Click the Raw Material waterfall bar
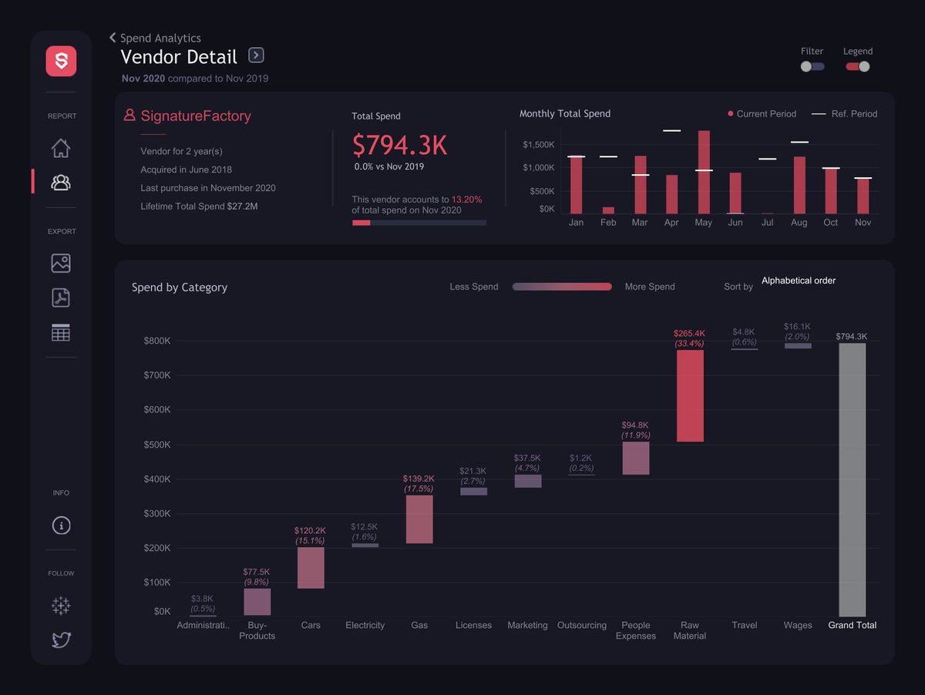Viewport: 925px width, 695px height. tap(690, 395)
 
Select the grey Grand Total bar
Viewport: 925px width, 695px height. tap(852, 479)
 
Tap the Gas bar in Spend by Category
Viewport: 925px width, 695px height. tap(419, 519)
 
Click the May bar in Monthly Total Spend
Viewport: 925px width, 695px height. tap(703, 172)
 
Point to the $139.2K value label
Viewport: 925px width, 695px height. tap(419, 478)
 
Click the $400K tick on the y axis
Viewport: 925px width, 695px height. tap(157, 479)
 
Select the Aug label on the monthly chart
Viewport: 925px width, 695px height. tap(799, 223)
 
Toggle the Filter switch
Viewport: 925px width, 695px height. tap(812, 66)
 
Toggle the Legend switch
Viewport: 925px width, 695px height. tap(858, 66)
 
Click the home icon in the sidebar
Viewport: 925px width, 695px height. tap(61, 148)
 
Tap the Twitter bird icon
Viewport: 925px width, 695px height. tap(61, 640)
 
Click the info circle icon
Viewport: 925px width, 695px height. tap(61, 525)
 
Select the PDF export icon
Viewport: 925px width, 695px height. tap(61, 297)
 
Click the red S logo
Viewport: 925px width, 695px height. tap(61, 61)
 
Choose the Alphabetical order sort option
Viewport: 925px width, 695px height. tap(798, 280)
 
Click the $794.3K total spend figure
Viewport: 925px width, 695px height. tap(399, 145)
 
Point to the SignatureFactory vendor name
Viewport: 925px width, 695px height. tap(195, 116)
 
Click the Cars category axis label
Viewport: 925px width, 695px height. tap(311, 626)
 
